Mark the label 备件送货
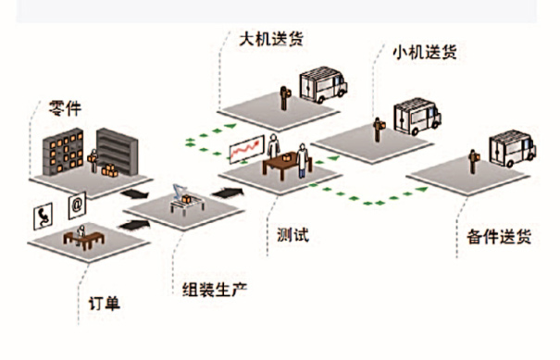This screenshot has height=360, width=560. point(493,237)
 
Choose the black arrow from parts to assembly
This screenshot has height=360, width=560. point(136,194)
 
